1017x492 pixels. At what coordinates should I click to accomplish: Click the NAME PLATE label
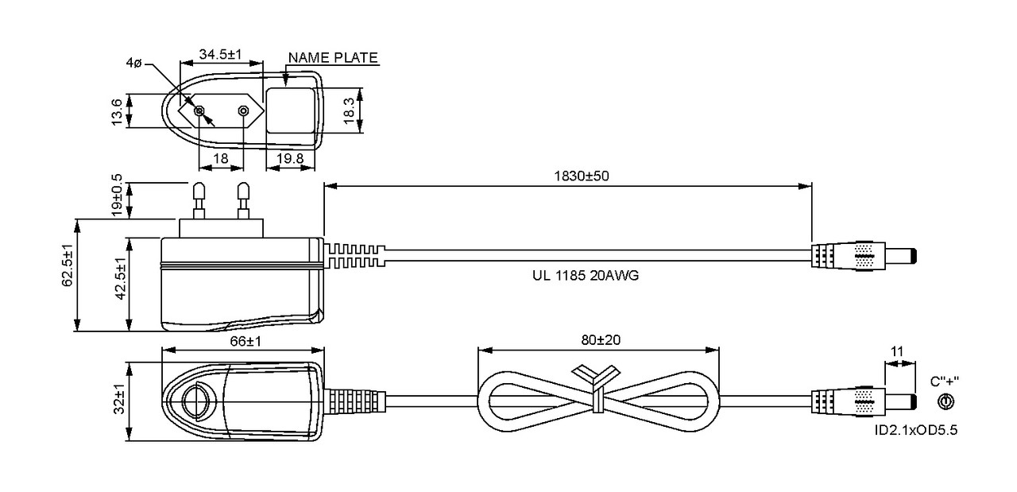pyautogui.click(x=333, y=58)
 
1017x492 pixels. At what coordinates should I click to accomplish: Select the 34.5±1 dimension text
pyautogui.click(x=221, y=54)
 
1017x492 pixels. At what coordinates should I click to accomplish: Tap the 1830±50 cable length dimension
pyautogui.click(x=581, y=176)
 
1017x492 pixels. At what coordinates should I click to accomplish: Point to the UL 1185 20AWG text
pyautogui.click(x=586, y=275)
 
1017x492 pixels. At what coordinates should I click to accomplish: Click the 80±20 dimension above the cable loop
pyautogui.click(x=601, y=340)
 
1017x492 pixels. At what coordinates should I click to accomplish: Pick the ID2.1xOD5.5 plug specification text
pyautogui.click(x=916, y=430)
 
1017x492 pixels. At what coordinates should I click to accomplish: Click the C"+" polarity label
pyautogui.click(x=945, y=382)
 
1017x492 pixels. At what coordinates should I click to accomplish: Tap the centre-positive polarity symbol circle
pyautogui.click(x=945, y=401)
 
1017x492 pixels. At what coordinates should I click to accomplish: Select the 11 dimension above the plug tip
pyautogui.click(x=897, y=351)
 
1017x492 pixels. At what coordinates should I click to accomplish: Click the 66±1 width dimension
pyautogui.click(x=246, y=341)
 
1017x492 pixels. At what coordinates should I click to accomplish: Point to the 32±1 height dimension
pyautogui.click(x=119, y=399)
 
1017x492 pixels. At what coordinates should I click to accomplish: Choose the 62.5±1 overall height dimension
pyautogui.click(x=68, y=265)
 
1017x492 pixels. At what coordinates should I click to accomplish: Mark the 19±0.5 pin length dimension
pyautogui.click(x=117, y=196)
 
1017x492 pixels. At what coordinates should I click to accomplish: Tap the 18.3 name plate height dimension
pyautogui.click(x=349, y=110)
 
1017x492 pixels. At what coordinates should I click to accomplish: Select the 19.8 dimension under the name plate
pyautogui.click(x=290, y=158)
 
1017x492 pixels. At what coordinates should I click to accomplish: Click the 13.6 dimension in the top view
pyautogui.click(x=117, y=111)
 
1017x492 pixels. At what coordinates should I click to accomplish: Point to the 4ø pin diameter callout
pyautogui.click(x=134, y=63)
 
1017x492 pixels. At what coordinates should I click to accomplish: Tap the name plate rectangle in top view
pyautogui.click(x=291, y=110)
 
